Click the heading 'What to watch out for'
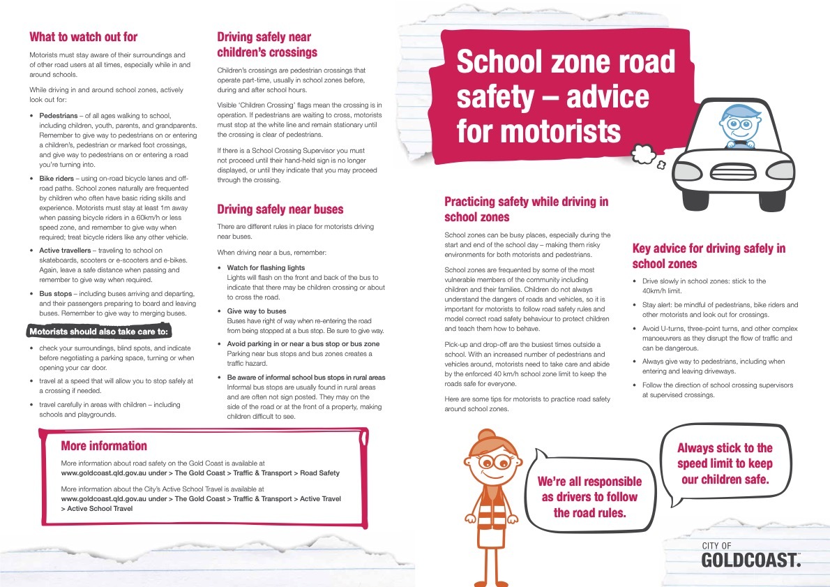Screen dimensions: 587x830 point(84,37)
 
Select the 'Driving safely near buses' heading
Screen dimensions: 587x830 point(280,209)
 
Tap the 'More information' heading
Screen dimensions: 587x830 point(104,446)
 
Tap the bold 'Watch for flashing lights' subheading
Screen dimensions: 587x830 point(266,268)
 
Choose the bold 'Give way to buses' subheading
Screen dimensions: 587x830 point(256,311)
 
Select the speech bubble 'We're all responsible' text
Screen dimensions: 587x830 point(589,497)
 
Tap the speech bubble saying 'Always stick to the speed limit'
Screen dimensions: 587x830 point(725,463)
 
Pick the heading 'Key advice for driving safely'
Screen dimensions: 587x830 point(709,256)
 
